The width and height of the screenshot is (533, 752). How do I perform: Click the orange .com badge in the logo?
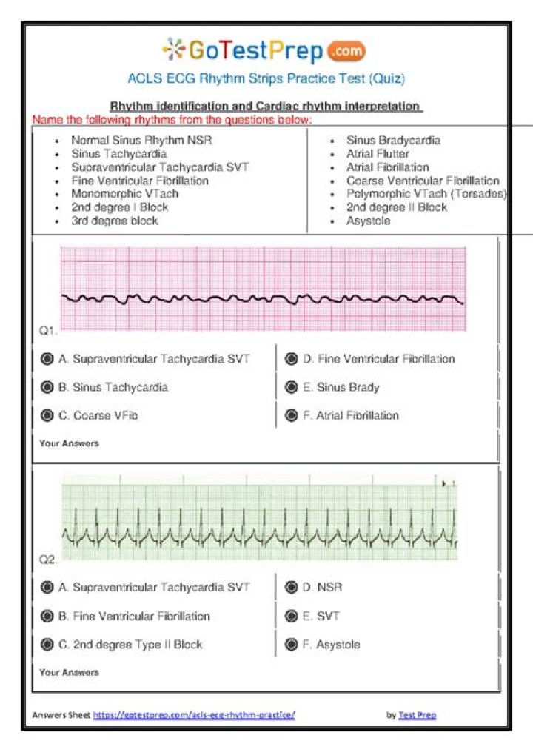(345, 52)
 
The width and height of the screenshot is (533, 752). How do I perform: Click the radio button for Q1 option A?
(47, 359)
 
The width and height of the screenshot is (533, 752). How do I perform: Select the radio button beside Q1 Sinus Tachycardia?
(47, 387)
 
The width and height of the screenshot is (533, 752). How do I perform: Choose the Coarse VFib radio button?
(47, 416)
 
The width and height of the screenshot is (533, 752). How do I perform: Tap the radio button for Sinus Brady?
(292, 387)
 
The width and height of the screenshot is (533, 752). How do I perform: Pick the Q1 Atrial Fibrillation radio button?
(292, 416)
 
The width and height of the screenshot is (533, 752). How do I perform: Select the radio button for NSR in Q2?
(292, 588)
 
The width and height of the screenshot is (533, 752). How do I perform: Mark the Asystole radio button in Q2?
(292, 645)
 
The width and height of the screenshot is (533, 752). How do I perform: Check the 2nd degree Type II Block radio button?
(47, 645)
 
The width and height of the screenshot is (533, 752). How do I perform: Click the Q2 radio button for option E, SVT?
(292, 616)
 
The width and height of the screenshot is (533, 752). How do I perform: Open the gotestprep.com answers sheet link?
(194, 715)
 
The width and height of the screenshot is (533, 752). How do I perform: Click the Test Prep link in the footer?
(417, 715)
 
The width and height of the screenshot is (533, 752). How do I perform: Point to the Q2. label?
(48, 560)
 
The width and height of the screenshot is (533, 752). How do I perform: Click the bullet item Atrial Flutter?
(378, 154)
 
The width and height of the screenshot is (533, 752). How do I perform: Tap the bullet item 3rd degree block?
(114, 221)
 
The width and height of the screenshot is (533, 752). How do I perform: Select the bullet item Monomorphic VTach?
(124, 194)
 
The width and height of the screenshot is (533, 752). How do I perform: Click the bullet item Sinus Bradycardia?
(393, 140)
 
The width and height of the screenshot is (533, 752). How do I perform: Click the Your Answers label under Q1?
(69, 444)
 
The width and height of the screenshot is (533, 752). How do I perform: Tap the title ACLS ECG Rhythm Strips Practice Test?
(266, 78)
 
